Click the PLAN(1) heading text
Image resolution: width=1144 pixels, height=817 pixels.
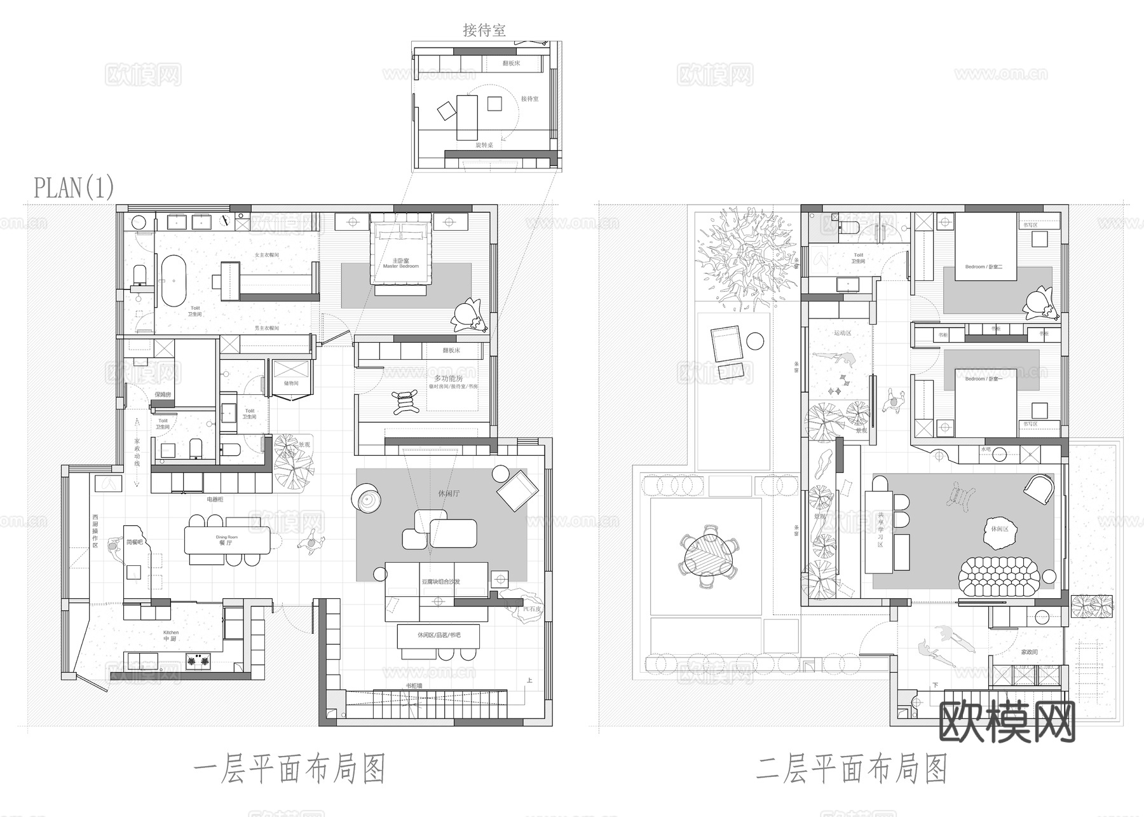point(74,188)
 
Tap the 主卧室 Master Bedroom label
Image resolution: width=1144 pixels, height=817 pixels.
point(400,263)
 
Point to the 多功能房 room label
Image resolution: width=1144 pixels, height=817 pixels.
point(449,378)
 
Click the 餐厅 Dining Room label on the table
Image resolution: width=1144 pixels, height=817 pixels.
point(226,540)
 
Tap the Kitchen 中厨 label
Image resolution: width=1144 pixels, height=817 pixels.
point(170,635)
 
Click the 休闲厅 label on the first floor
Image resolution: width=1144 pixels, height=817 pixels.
point(449,493)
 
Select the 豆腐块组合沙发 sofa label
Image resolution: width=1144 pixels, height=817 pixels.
point(440,582)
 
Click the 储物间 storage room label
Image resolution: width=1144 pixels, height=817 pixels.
point(290,383)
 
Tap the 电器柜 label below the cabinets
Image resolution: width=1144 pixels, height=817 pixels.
point(215,500)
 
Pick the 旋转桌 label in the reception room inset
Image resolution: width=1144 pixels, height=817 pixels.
point(484,145)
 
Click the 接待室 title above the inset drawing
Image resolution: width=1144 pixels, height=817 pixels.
point(484,30)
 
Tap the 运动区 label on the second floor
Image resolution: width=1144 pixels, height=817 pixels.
point(842,333)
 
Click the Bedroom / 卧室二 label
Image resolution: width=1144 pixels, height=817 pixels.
point(983,267)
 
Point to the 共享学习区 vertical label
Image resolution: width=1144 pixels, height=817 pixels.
point(880,530)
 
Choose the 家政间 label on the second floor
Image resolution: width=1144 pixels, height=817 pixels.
point(1029,652)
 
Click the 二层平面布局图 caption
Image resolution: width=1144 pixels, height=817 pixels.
point(852,769)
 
